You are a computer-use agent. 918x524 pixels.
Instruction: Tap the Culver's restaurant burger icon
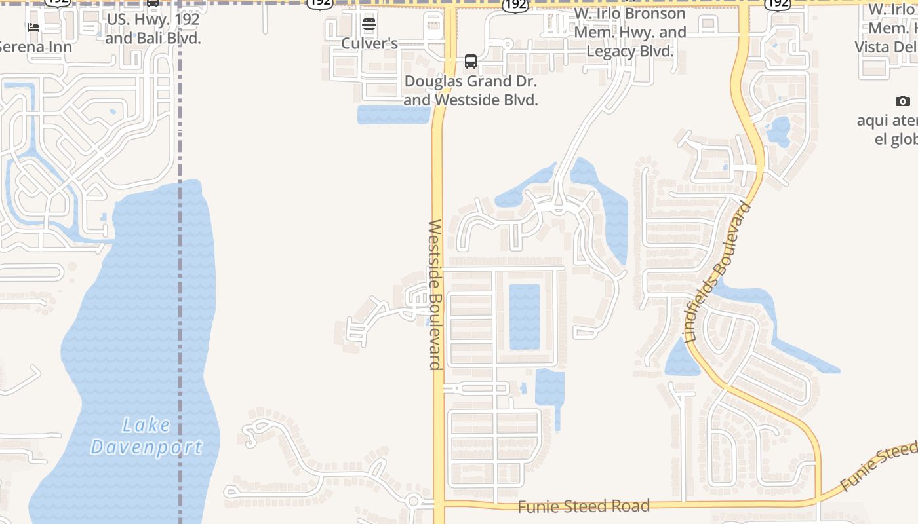pos(369,25)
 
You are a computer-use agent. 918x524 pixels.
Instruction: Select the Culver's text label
pos(369,43)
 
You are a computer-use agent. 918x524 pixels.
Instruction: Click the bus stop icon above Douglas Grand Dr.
pos(471,62)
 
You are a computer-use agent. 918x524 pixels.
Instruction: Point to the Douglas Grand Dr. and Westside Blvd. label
pos(471,91)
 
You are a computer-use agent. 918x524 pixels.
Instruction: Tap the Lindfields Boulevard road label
pos(717,272)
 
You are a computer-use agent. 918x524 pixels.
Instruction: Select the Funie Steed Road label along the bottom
pos(584,506)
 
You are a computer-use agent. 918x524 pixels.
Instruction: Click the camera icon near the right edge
pos(903,101)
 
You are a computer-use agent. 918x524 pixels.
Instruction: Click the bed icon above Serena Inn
pos(33,28)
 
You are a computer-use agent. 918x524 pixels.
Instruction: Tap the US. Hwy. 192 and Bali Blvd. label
pos(153,29)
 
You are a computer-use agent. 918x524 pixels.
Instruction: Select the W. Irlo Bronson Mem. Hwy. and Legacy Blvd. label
pos(629,32)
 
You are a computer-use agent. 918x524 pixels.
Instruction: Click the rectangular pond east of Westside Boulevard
pos(525,316)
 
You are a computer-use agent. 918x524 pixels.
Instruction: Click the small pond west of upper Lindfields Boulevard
pos(779,130)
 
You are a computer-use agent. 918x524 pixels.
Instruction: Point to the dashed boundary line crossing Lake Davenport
pos(180,327)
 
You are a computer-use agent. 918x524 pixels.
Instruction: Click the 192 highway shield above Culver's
pos(319,3)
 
